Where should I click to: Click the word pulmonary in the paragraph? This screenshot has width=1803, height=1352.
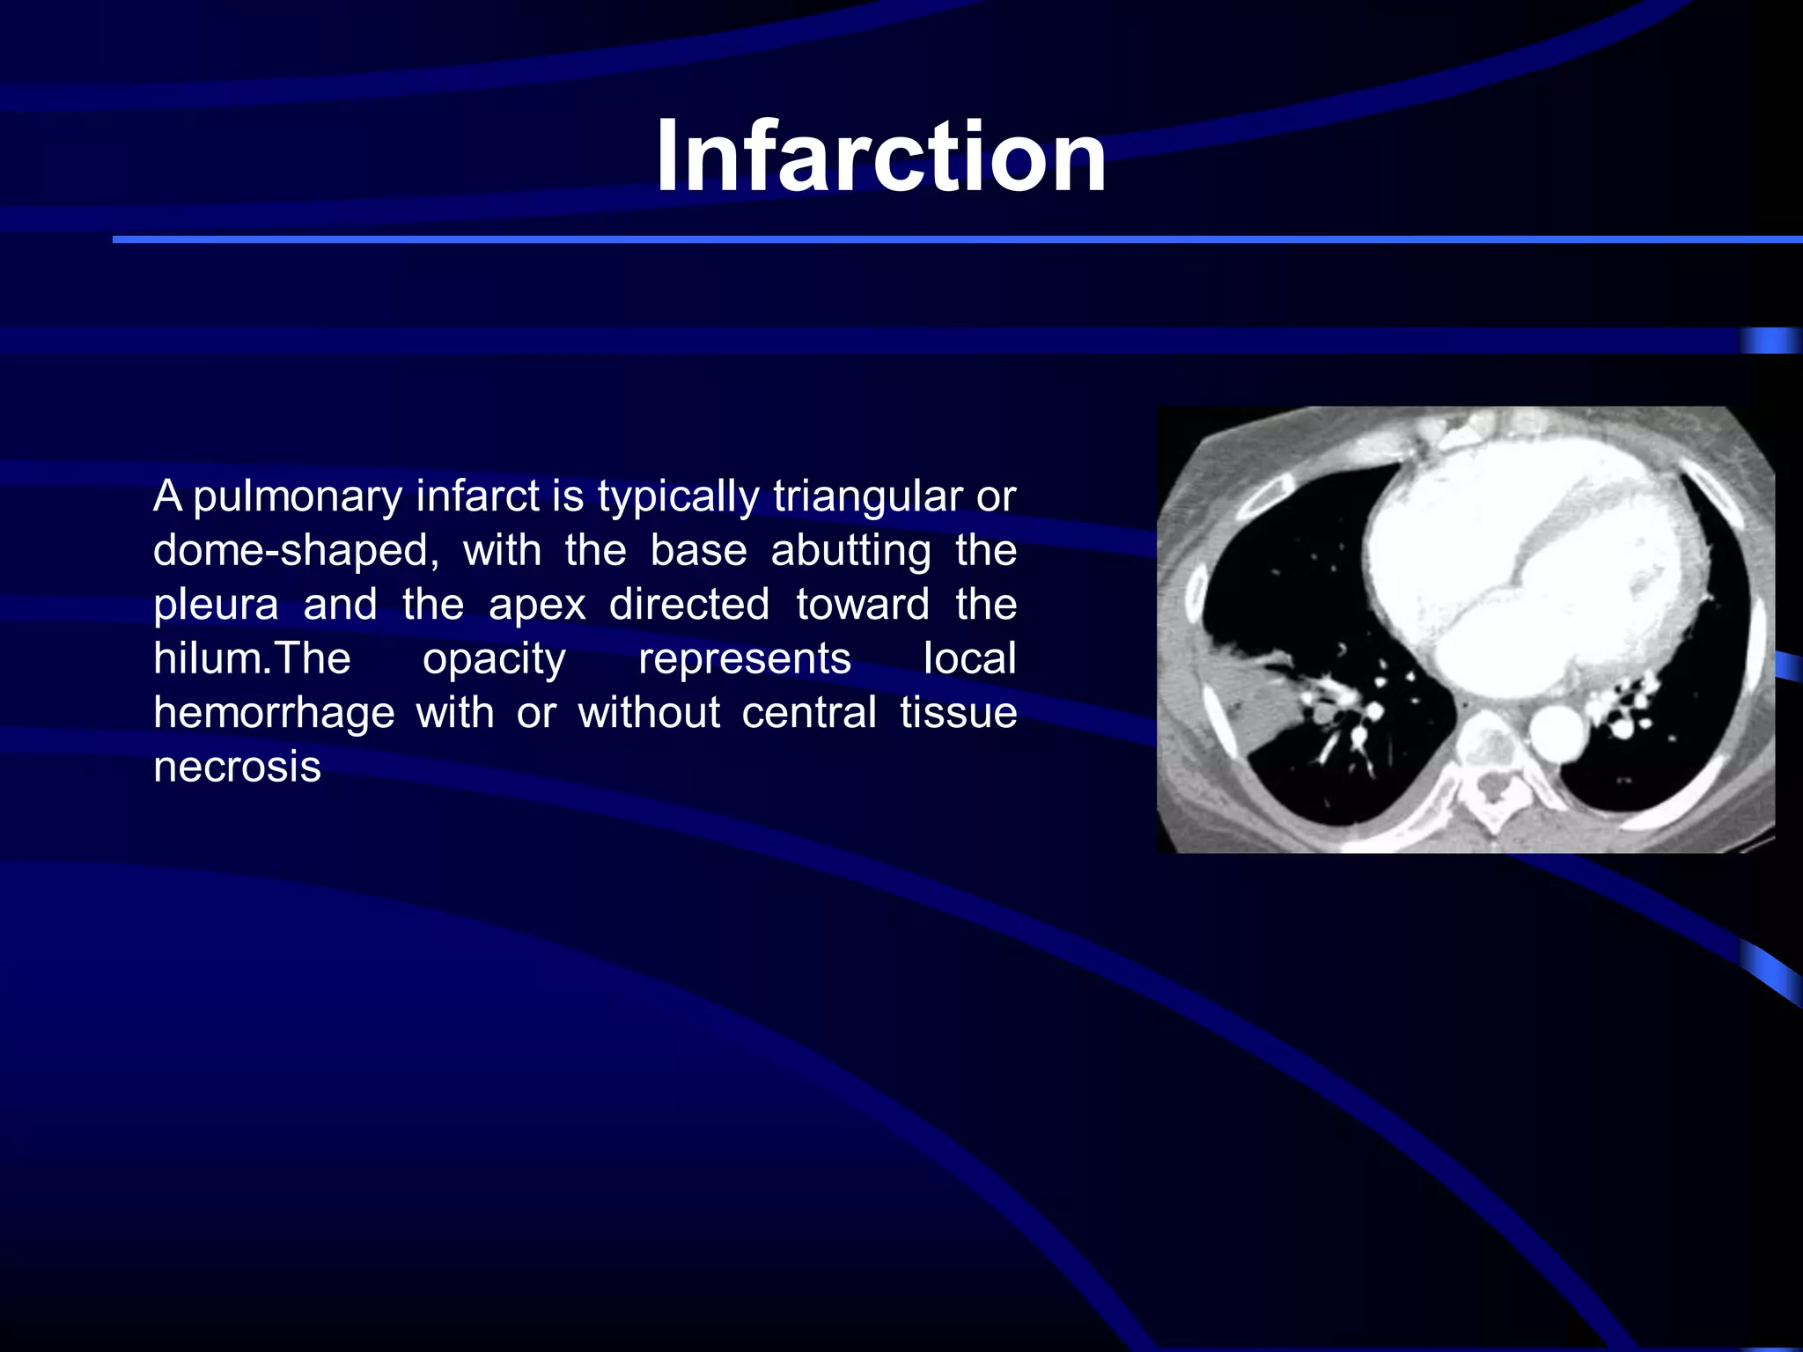pyautogui.click(x=298, y=497)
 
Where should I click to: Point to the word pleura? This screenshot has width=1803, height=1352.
pyautogui.click(x=216, y=606)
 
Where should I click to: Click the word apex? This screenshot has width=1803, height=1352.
pyautogui.click(x=537, y=606)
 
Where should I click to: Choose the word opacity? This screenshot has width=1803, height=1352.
pyautogui.click(x=494, y=659)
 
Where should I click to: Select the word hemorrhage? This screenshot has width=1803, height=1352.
pyautogui.click(x=274, y=713)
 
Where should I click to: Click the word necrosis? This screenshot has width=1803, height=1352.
pyautogui.click(x=237, y=768)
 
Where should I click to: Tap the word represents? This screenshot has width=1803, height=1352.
pyautogui.click(x=745, y=659)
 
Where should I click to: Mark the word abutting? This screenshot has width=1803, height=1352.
pyautogui.click(x=850, y=552)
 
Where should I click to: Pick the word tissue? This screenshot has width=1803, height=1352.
pyautogui.click(x=958, y=713)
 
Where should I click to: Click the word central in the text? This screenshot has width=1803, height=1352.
pyautogui.click(x=808, y=713)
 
